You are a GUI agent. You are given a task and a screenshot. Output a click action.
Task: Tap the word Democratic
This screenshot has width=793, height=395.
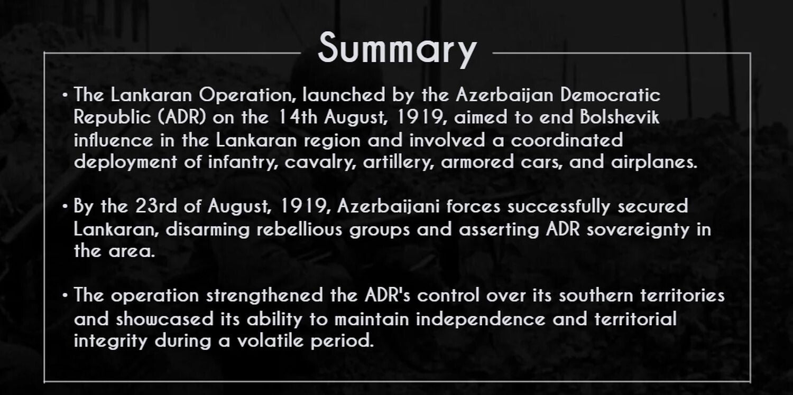click(x=610, y=95)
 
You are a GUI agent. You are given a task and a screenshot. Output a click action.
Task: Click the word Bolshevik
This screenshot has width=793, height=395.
click(x=620, y=117)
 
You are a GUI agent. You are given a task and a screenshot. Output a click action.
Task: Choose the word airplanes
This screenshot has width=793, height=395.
click(x=654, y=162)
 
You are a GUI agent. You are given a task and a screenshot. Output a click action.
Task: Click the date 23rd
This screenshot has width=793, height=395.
click(x=156, y=206)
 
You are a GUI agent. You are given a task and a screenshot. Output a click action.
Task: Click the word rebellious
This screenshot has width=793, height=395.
click(x=300, y=229)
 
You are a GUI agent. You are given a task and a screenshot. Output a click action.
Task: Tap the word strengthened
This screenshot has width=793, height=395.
click(x=264, y=296)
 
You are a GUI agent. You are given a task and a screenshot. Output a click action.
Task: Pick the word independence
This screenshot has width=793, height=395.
click(x=481, y=319)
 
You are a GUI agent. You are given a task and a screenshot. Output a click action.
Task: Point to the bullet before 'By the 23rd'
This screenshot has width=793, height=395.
click(x=64, y=206)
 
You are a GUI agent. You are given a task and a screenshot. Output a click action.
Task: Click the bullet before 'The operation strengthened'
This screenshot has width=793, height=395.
click(x=64, y=295)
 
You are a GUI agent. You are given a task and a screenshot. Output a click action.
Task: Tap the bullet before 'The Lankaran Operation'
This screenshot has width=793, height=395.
click(x=64, y=95)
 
